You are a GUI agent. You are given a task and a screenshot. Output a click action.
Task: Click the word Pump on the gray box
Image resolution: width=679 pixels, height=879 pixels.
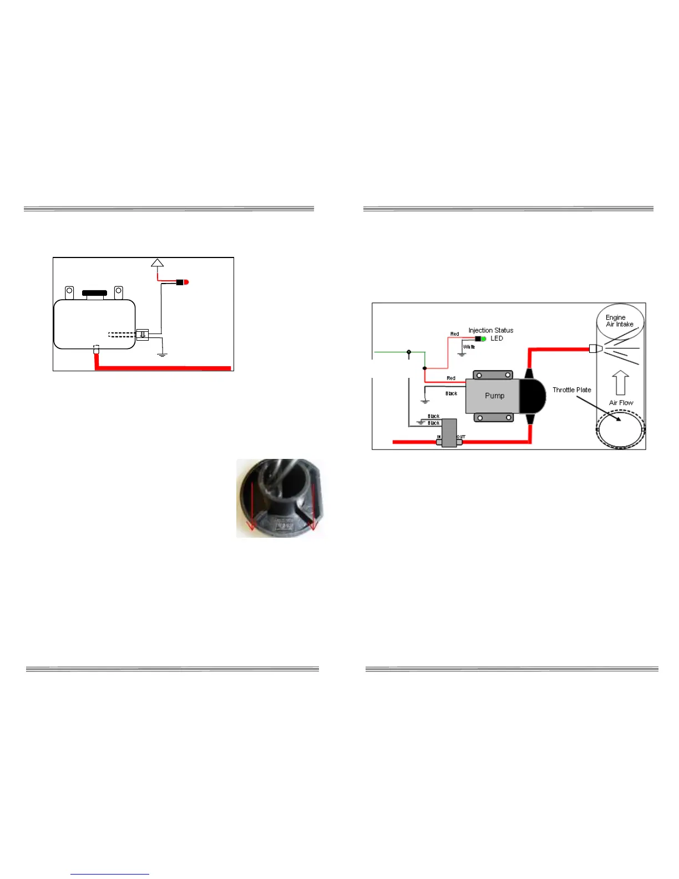coord(494,396)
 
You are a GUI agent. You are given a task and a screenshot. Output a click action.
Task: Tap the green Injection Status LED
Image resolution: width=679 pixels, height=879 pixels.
coord(484,339)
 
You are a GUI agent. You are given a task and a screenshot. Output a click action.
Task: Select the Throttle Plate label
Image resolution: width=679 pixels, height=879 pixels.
coord(571,390)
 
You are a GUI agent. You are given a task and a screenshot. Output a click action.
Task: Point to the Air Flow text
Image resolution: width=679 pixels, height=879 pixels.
coord(621,403)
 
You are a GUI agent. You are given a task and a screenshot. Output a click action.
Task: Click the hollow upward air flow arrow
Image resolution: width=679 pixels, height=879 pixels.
coord(620,383)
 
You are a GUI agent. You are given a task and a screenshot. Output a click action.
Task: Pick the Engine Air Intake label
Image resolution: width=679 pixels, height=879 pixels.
coord(619,321)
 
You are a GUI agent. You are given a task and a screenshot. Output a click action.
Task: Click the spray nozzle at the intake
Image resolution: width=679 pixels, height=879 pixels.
coord(595,349)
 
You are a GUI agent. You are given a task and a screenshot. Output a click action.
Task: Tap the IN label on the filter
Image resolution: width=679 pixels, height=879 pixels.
coord(439,437)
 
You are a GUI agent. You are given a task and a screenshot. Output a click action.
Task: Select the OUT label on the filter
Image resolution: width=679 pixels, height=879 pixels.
coord(461,437)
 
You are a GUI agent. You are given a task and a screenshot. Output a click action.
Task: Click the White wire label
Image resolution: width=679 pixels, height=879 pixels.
coord(469,347)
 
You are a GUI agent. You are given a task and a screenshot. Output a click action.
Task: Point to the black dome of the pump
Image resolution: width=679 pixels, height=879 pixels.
coord(533,396)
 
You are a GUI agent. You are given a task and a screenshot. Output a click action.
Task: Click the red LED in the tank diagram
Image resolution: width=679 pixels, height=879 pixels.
coord(186,282)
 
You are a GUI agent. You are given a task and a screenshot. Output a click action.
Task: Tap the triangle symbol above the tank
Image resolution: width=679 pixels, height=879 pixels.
coord(158,262)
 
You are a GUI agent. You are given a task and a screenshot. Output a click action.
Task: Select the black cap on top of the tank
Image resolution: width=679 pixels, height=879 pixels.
coord(94,293)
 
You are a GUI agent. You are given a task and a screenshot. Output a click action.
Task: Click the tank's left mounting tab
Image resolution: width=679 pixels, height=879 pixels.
coord(69,292)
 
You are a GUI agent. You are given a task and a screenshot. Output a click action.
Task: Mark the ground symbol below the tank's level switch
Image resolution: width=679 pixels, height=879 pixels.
coord(162,353)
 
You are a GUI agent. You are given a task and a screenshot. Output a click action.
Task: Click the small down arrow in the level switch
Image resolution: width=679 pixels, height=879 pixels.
coord(143,335)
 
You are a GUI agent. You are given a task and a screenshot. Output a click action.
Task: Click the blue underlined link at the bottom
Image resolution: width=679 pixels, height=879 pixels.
coord(110,874)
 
